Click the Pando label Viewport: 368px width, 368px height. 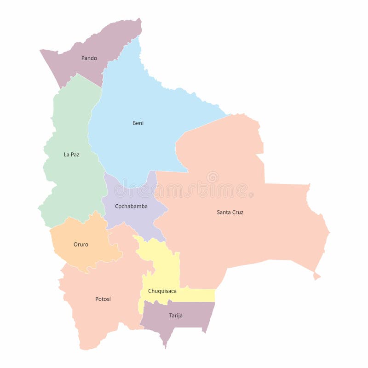coord(89,58)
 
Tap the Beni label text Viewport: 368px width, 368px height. coord(138,123)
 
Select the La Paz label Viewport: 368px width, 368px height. coord(71,155)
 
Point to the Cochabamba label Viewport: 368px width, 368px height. coord(131,206)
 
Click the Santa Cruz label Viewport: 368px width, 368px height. coord(230,212)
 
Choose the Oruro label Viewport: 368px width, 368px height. coord(80,244)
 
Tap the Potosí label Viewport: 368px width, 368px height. coord(103,299)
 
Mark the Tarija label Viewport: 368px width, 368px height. coord(175,316)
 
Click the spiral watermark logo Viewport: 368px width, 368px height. coord(213,177)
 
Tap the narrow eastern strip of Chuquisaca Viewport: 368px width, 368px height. coord(200,295)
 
